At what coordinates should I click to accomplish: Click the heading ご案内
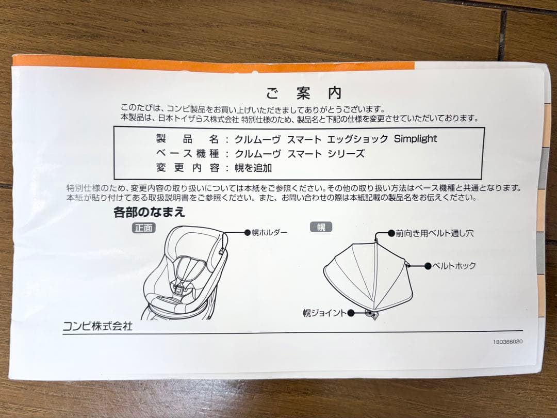pyautogui.click(x=304, y=93)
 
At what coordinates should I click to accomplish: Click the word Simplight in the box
pyautogui.click(x=415, y=139)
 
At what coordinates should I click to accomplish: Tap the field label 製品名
pyautogui.click(x=188, y=139)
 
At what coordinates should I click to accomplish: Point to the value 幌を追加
pyautogui.click(x=253, y=168)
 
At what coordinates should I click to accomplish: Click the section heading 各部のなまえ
pyautogui.click(x=149, y=212)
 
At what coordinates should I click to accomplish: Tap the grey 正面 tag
pyautogui.click(x=143, y=228)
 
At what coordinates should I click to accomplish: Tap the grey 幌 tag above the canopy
pyautogui.click(x=321, y=227)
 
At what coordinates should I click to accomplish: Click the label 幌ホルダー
pyautogui.click(x=269, y=233)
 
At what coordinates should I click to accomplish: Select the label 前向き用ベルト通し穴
pyautogui.click(x=434, y=233)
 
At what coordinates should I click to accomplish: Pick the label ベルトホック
pyautogui.click(x=454, y=266)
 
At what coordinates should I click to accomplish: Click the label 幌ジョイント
pyautogui.click(x=324, y=313)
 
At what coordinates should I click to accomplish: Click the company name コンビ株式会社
pyautogui.click(x=97, y=326)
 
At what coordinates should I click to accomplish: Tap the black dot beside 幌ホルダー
pyautogui.click(x=247, y=233)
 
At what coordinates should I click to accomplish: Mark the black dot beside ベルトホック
pyautogui.click(x=428, y=266)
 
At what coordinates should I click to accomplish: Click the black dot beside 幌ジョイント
pyautogui.click(x=351, y=313)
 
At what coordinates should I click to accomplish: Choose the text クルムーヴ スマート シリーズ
pyautogui.click(x=300, y=154)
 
